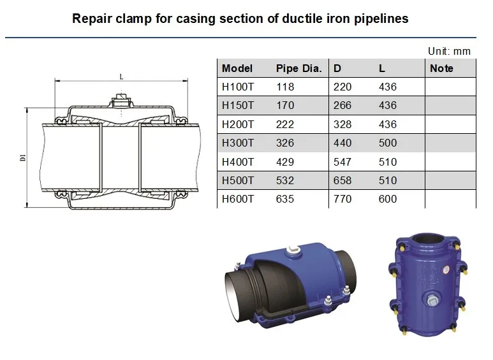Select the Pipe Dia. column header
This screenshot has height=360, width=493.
coord(298,68)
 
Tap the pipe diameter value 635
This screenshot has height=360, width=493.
coord(285,199)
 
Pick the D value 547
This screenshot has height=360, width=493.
coord(342,162)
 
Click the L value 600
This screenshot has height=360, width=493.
coord(387,199)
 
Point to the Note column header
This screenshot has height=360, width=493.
coord(441,68)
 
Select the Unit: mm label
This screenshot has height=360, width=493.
coord(448,51)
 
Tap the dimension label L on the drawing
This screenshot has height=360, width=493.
coord(121,76)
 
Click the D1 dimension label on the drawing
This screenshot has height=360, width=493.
coord(22,157)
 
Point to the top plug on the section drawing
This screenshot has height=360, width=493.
coord(121,101)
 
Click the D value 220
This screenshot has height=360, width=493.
coord(342,87)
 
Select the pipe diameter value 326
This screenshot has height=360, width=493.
coord(285,143)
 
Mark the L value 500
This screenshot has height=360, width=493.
coord(387,143)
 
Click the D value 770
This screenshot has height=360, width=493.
coord(342,199)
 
